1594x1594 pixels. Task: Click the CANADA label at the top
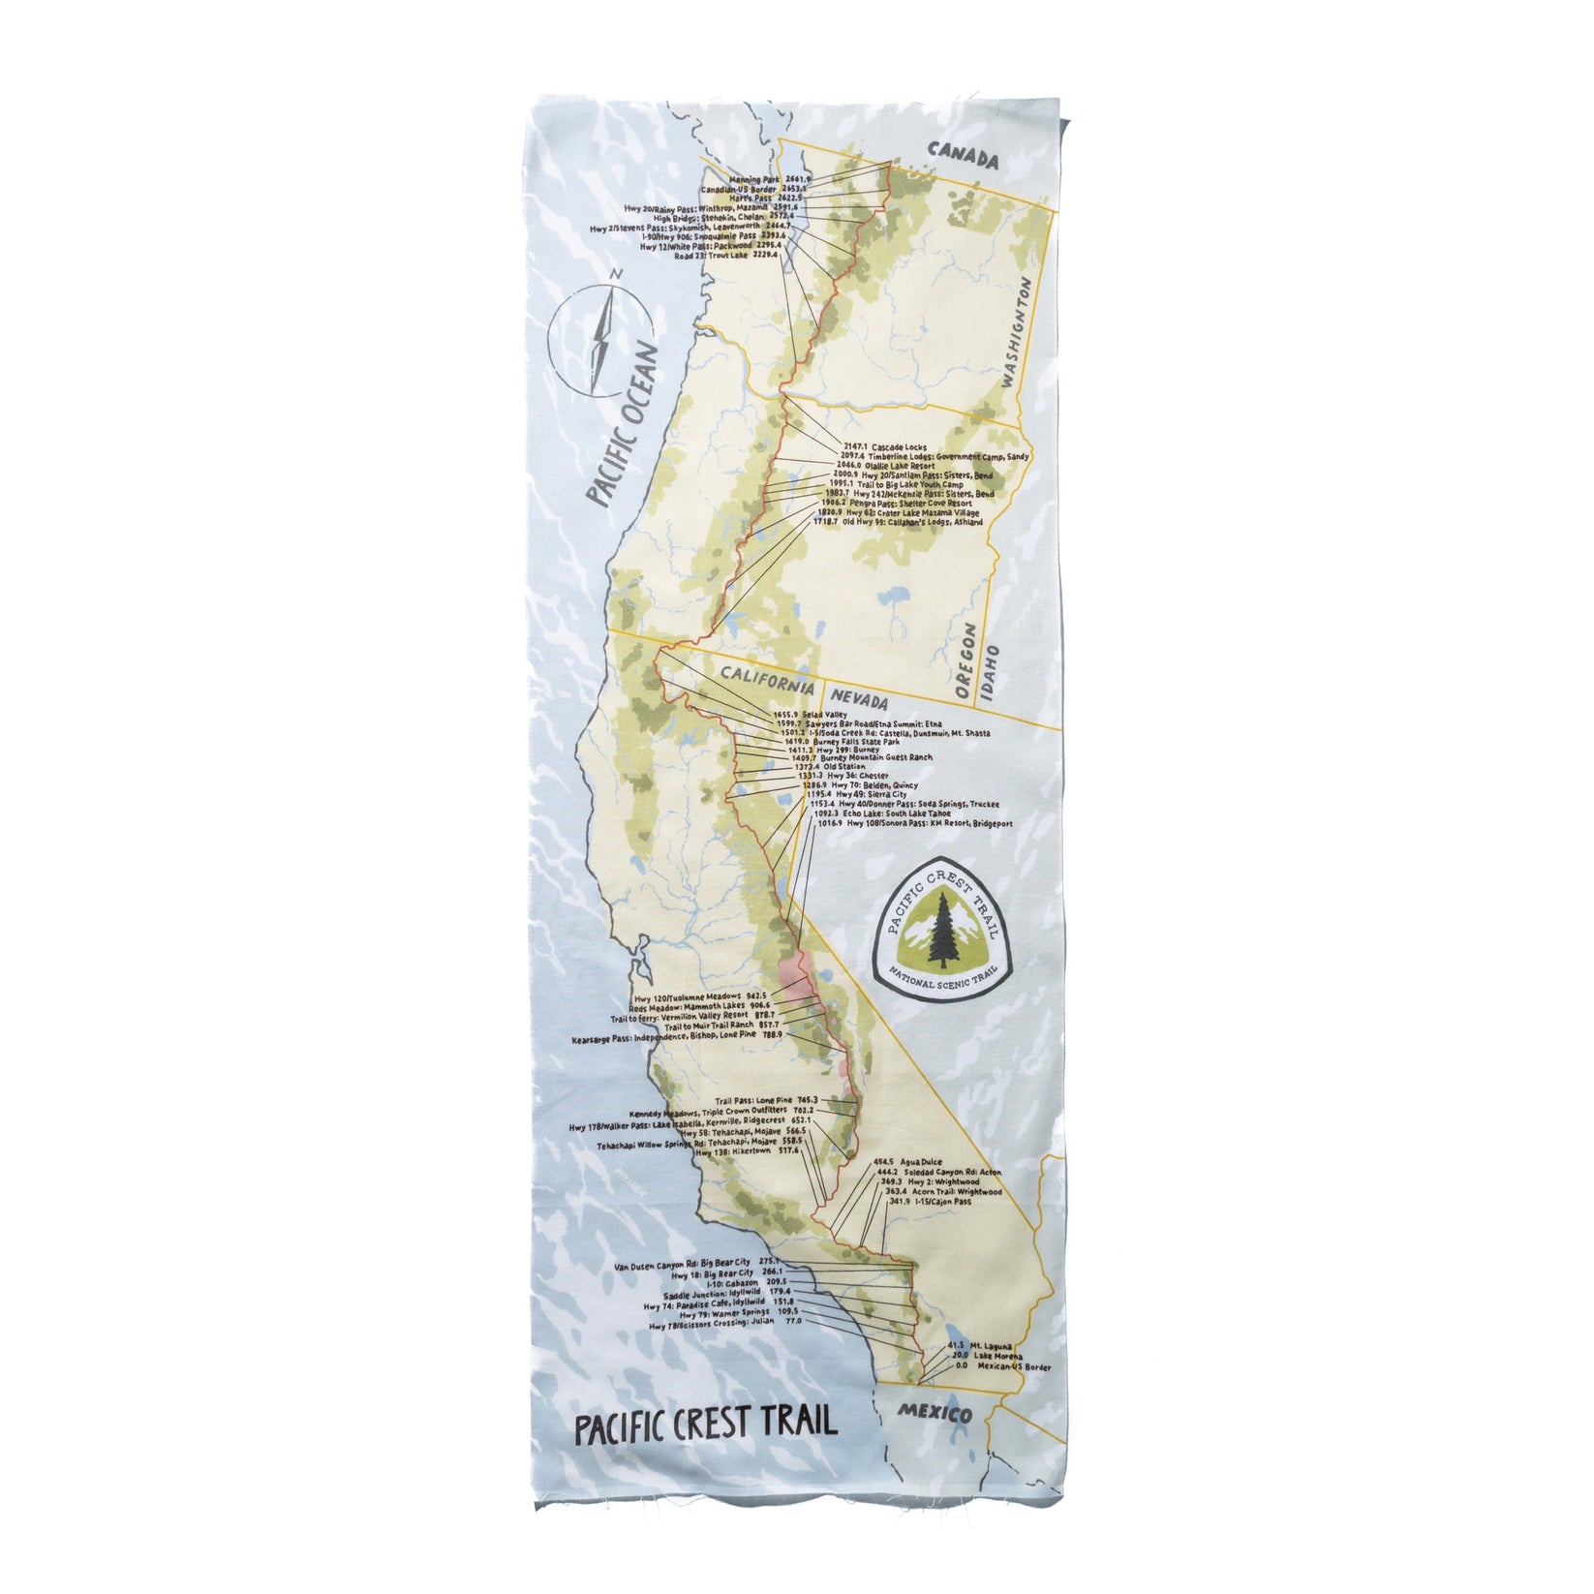962,156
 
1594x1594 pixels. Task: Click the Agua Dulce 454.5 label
896,1161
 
